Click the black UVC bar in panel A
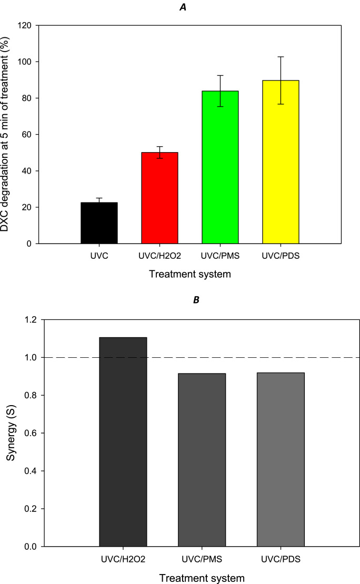pyautogui.click(x=99, y=223)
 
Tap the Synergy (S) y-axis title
pyautogui.click(x=10, y=434)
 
